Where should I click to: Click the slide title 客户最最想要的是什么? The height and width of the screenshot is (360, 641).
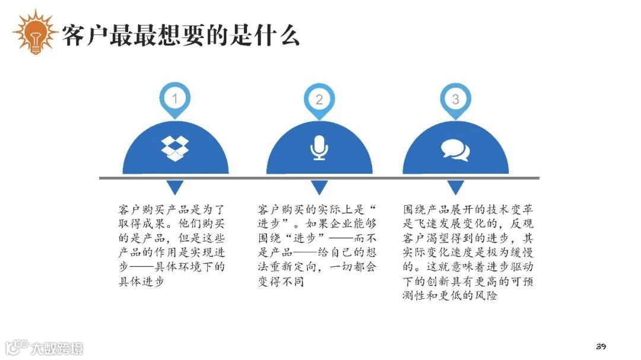(181, 35)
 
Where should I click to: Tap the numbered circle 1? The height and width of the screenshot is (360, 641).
(174, 98)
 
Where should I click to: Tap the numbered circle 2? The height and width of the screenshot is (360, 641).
(319, 99)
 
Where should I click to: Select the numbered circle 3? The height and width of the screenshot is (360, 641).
(455, 99)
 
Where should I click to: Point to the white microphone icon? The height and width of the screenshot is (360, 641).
(319, 148)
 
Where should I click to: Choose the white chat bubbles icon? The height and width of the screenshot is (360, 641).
(455, 149)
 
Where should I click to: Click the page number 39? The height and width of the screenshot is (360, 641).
(600, 346)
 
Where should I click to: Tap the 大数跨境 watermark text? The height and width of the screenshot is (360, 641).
(58, 348)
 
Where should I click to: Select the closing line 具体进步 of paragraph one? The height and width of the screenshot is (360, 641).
(140, 281)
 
